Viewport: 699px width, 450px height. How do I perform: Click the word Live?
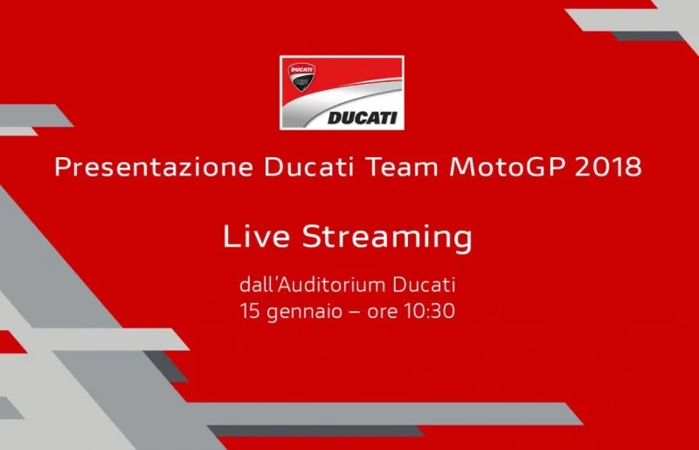click(254, 237)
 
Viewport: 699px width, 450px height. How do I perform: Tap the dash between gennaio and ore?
click(349, 311)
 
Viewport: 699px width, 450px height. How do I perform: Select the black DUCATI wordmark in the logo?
click(363, 117)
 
